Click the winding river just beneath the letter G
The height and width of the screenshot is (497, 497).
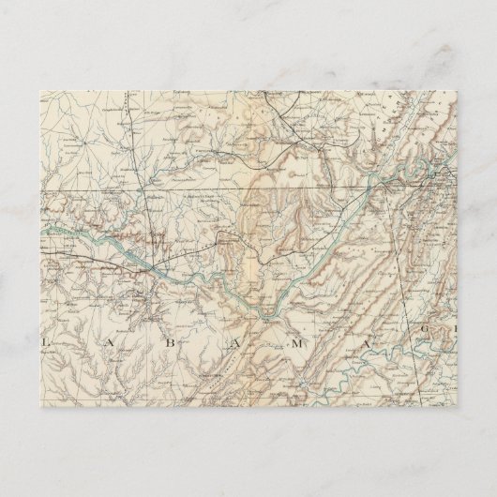click(x=441, y=357)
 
